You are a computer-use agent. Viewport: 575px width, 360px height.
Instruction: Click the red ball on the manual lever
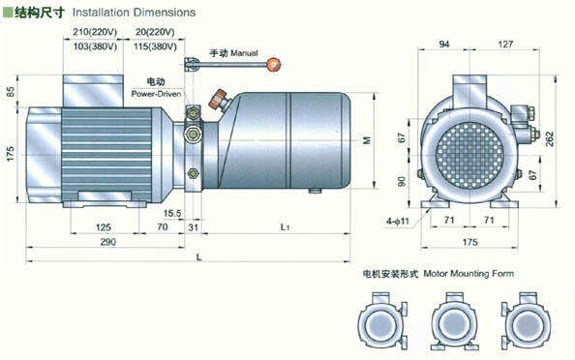274,65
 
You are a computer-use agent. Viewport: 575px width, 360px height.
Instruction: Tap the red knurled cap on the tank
218,99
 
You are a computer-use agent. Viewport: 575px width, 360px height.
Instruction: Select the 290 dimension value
108,242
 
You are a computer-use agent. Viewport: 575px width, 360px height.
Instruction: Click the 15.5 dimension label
172,213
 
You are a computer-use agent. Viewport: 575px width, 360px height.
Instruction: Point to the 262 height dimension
550,139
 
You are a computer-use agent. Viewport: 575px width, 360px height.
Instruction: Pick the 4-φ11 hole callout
397,221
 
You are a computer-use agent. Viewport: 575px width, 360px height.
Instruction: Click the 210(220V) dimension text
95,32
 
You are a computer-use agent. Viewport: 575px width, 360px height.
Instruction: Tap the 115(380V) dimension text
155,46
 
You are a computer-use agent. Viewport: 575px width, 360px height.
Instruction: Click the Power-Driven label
156,94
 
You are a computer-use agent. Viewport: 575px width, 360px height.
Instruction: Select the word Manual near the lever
244,53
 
